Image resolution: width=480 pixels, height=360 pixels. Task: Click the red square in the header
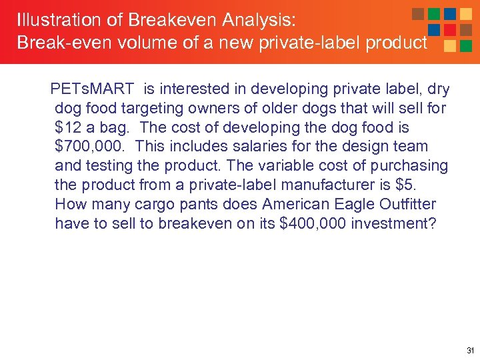[450, 30]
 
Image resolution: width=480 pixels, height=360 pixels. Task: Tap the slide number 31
[470, 350]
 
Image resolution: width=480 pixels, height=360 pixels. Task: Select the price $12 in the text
[67, 127]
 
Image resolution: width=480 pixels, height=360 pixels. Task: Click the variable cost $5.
[389, 185]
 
